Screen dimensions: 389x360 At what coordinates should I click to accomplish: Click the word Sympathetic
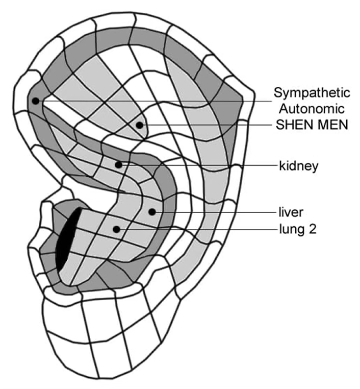tap(312, 93)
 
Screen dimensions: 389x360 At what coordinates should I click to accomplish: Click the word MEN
tap(331, 124)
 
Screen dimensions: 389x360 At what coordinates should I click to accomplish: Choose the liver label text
tap(291, 210)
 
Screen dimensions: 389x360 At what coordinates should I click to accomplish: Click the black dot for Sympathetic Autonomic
tap(35, 101)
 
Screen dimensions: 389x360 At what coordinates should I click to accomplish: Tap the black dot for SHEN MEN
tap(139, 125)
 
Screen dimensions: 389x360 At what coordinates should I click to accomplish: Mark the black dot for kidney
tap(118, 165)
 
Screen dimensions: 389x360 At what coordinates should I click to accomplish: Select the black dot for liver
tap(151, 211)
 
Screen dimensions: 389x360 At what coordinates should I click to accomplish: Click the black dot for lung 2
tap(117, 229)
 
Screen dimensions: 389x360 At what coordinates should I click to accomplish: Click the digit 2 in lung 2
tap(313, 229)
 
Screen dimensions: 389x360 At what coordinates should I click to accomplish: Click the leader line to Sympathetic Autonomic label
tap(153, 101)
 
